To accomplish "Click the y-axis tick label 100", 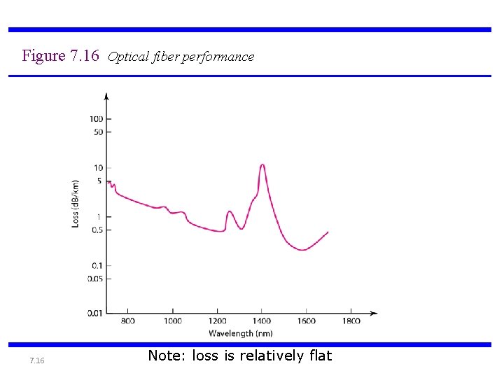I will tap(96, 119).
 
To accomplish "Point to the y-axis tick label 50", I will tap(97, 132).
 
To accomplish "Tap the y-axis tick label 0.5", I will tap(96, 230).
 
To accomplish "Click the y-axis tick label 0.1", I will tap(96, 265).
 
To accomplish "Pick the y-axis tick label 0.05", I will tap(94, 279).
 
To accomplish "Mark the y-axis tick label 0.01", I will tap(94, 313).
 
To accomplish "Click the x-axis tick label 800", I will tap(128, 321).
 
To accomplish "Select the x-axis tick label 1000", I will tap(172, 321).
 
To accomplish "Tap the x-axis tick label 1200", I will tap(217, 321).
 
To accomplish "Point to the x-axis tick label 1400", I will tap(262, 321).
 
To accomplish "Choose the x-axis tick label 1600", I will tap(307, 321).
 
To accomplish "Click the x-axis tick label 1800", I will tap(351, 321).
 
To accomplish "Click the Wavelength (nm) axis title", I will tap(240, 334).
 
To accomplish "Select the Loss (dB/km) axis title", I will tap(76, 203).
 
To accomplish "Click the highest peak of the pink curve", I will tap(262, 165).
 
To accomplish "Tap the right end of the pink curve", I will tap(328, 232).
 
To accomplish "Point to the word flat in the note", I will tap(320, 356).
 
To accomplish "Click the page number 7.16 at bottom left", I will tap(37, 360).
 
